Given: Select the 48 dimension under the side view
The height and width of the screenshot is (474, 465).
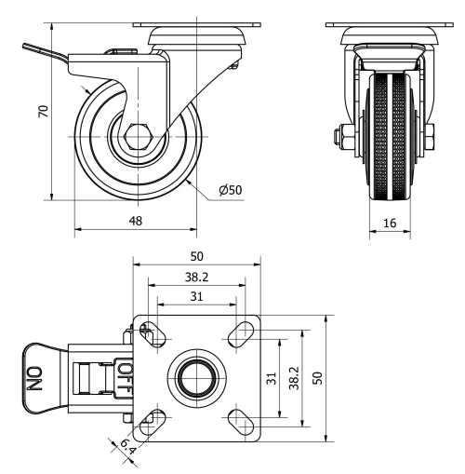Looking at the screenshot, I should [136, 222].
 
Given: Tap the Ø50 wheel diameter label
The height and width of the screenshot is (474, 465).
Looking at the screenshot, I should [231, 190].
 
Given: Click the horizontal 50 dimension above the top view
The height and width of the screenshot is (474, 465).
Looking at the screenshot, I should [197, 255].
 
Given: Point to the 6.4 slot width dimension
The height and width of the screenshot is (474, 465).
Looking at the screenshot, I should [126, 449].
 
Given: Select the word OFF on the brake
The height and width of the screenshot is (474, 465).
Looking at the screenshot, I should [125, 379].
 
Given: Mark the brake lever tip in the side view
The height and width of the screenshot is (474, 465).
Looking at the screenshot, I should [27, 47].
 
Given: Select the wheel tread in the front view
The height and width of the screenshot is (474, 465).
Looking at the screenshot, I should [394, 140].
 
